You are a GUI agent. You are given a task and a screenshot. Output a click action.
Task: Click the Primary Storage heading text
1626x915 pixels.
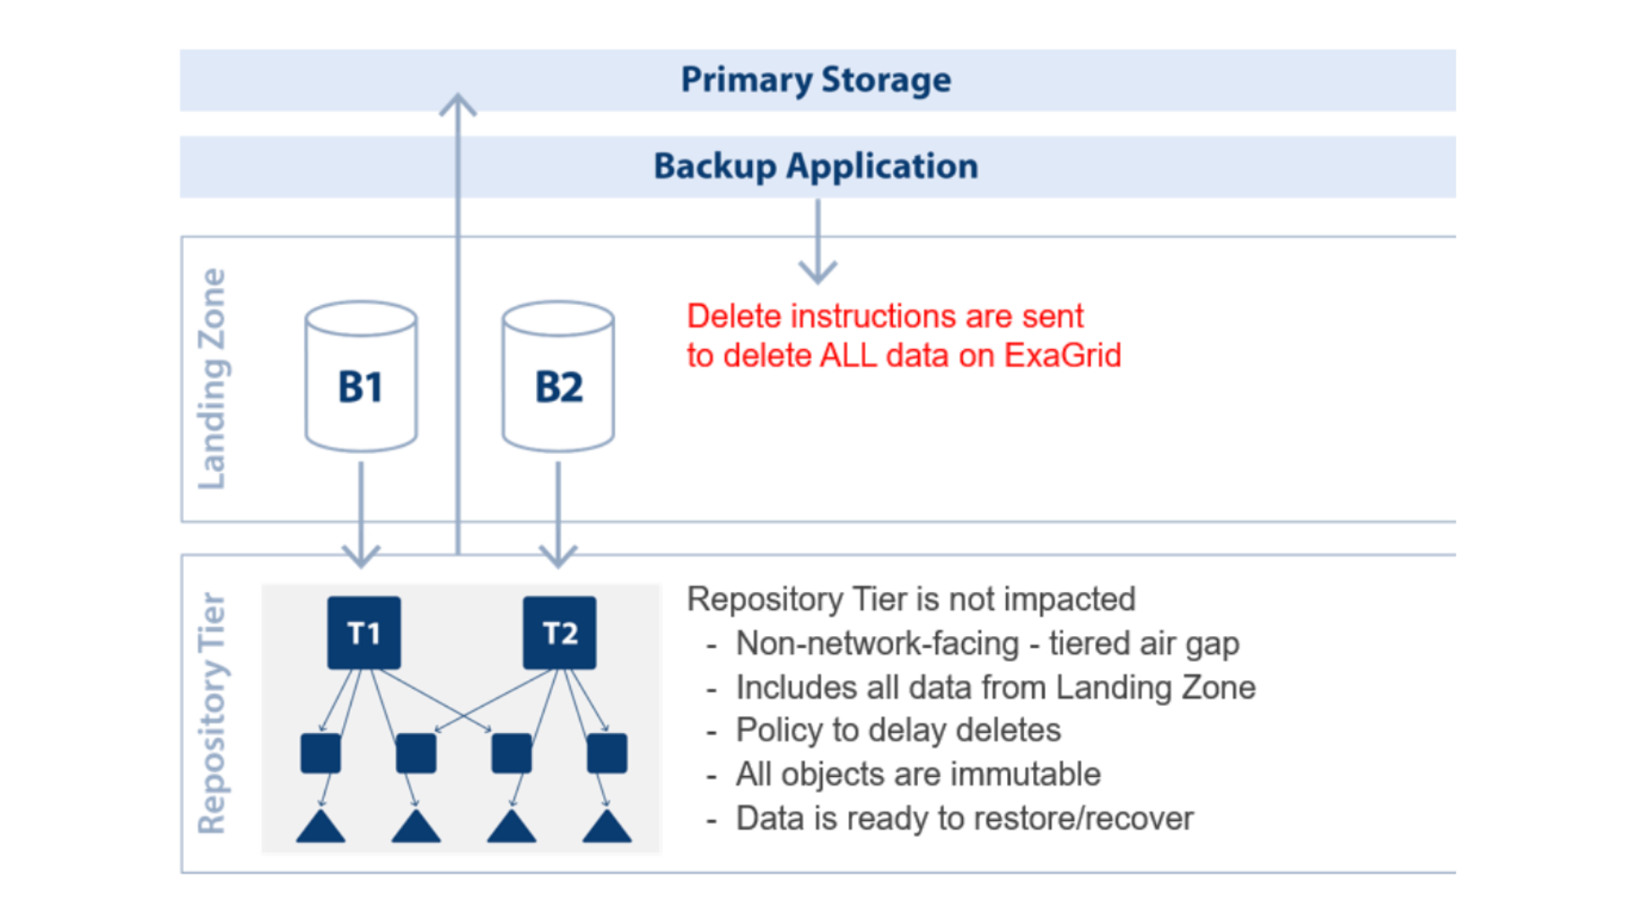pyautogui.click(x=816, y=80)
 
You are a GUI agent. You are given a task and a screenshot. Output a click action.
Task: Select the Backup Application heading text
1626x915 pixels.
pyautogui.click(x=816, y=166)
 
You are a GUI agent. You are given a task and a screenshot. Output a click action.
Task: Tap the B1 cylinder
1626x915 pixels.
pyautogui.click(x=361, y=376)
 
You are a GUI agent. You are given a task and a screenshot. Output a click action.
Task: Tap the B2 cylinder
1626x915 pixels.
pyautogui.click(x=558, y=376)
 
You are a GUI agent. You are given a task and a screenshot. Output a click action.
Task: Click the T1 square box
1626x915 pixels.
pyautogui.click(x=364, y=633)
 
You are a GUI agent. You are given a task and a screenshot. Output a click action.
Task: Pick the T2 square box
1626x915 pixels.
pyautogui.click(x=559, y=633)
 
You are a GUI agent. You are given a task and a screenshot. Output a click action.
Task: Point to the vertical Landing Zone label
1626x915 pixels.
pyautogui.click(x=212, y=379)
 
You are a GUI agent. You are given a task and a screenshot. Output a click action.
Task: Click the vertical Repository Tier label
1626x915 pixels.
pyautogui.click(x=212, y=713)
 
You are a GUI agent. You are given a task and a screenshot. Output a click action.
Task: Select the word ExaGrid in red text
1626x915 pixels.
pyautogui.click(x=1062, y=356)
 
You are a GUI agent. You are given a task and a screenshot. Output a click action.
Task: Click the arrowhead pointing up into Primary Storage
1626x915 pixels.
pyautogui.click(x=458, y=104)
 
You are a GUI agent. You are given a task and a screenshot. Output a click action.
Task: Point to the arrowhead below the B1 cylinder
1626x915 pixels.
pyautogui.click(x=362, y=556)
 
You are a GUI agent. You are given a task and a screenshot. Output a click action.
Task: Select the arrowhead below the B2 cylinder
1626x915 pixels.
pyautogui.click(x=558, y=556)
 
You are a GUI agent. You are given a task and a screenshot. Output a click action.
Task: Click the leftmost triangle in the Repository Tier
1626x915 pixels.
pyautogui.click(x=321, y=826)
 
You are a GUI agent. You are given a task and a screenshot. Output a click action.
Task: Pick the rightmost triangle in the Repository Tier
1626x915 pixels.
pyautogui.click(x=607, y=826)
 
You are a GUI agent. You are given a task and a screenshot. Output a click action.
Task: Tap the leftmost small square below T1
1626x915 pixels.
pyautogui.click(x=321, y=753)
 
